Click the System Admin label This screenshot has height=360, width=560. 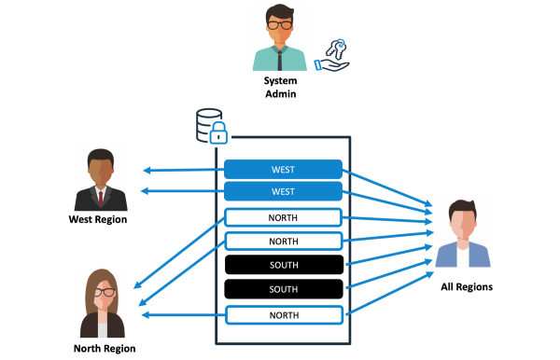coord(280,87)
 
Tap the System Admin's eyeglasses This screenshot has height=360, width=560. coord(280,25)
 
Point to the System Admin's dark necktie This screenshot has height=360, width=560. coord(280,60)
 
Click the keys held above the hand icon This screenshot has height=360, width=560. coord(337,49)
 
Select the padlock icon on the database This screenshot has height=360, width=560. coord(218,132)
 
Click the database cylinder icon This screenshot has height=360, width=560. coord(208,124)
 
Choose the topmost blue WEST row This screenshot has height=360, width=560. coord(283,169)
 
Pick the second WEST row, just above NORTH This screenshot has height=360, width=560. coord(283,191)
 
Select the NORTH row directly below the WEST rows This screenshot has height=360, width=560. coord(283,217)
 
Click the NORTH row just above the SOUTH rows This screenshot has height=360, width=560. coord(284,242)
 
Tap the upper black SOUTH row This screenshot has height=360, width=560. coord(284,265)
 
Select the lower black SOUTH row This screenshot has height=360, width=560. coord(284,289)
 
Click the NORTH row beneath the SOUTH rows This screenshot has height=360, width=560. coord(285,315)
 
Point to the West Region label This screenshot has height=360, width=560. coord(98,219)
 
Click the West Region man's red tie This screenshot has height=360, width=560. coord(101,199)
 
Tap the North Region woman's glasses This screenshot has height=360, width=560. coord(105,292)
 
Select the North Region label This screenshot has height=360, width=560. coord(105,349)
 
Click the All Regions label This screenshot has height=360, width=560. coord(467,287)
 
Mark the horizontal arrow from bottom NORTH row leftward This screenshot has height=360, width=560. coord(184,315)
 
